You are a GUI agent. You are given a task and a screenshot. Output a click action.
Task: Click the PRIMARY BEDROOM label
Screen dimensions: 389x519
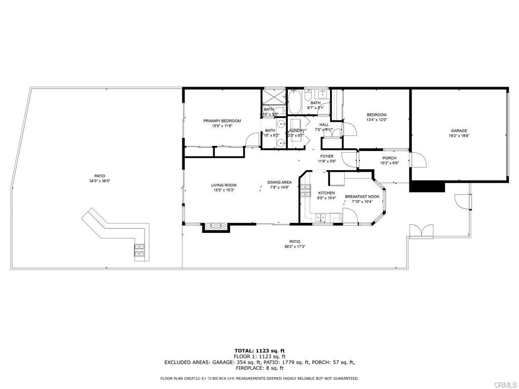point(222,121)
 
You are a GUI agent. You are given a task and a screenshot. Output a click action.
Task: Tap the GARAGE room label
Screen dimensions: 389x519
point(458,131)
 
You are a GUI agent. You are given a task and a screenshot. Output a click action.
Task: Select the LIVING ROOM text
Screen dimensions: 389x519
point(224,185)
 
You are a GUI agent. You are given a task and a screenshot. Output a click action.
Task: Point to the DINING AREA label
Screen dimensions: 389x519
point(279,182)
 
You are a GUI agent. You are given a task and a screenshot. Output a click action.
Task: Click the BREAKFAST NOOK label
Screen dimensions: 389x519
point(362,197)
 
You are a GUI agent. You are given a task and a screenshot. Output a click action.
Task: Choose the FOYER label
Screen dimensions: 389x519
point(326,156)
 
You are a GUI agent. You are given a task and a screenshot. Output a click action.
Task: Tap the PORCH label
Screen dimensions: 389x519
point(389,158)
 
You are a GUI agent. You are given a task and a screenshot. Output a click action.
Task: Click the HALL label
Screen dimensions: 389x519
point(324,125)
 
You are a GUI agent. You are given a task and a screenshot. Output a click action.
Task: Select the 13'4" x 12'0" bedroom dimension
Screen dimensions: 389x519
point(377,120)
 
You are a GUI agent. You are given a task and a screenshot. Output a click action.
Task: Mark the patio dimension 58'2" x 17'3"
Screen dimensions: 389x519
point(294,247)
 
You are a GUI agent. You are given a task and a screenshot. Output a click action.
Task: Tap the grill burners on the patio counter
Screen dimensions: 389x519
point(139,249)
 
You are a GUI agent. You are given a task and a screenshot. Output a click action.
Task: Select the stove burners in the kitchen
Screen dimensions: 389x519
point(306,191)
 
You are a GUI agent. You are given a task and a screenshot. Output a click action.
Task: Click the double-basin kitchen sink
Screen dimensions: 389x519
point(320,218)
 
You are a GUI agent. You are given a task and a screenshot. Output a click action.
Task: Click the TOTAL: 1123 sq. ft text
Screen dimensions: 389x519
point(259,351)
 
